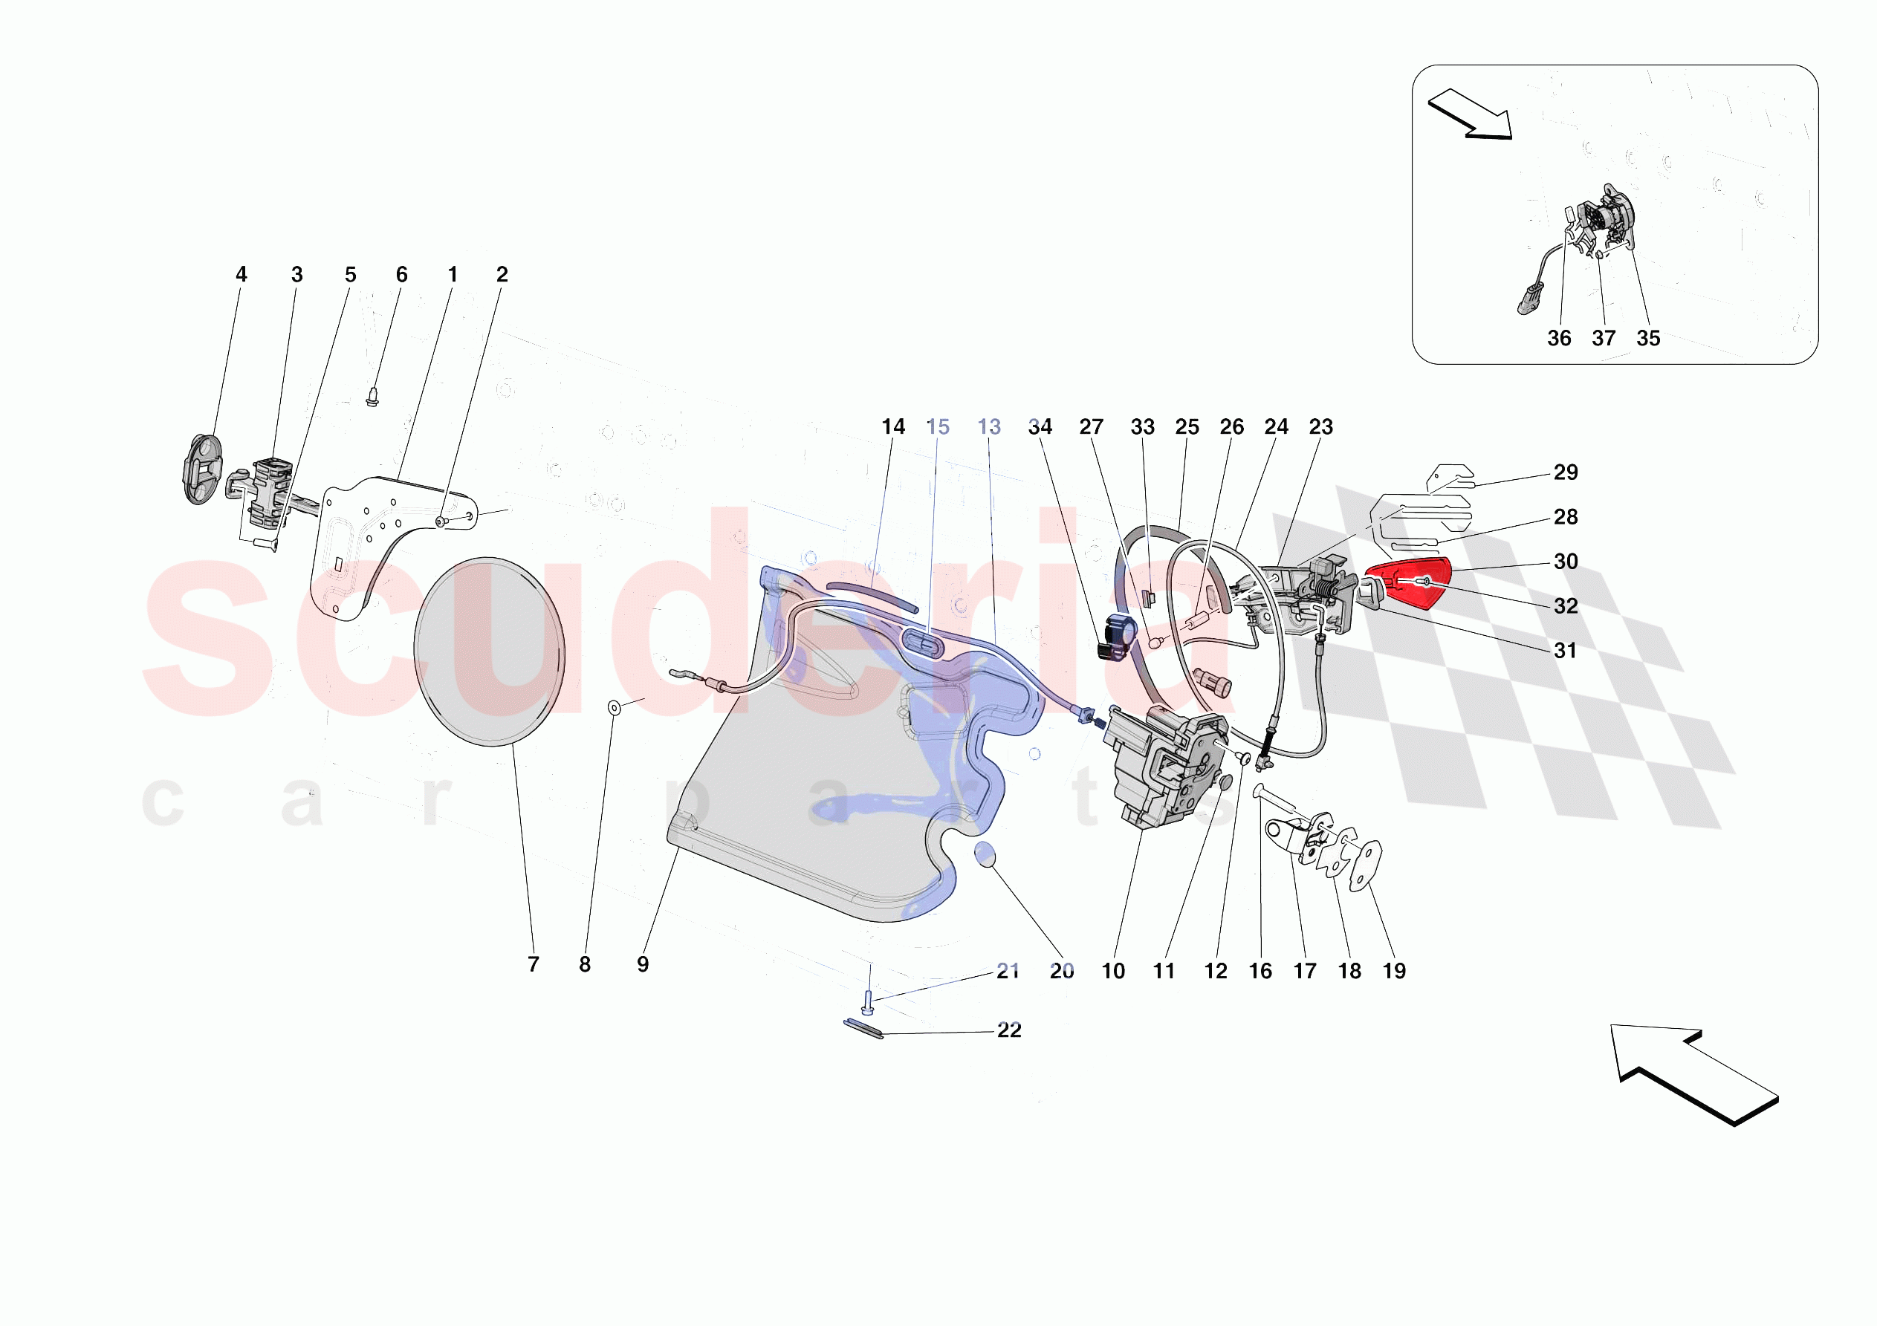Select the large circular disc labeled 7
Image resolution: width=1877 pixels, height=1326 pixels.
pyautogui.click(x=489, y=651)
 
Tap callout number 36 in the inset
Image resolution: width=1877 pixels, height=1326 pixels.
pyautogui.click(x=1558, y=338)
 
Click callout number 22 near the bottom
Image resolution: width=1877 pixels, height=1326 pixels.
pyautogui.click(x=1009, y=1030)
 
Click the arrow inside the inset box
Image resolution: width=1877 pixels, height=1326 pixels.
pyautogui.click(x=1470, y=114)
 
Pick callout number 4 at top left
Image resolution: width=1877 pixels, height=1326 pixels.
pyautogui.click(x=241, y=275)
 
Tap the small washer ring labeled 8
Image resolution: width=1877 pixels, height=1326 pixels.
pyautogui.click(x=614, y=707)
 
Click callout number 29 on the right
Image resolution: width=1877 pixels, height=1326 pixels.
pyautogui.click(x=1565, y=472)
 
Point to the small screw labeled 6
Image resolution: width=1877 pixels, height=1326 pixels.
pyautogui.click(x=373, y=397)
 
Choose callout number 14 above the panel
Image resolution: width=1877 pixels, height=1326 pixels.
pyautogui.click(x=892, y=426)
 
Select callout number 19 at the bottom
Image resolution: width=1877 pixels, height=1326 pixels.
pyautogui.click(x=1394, y=970)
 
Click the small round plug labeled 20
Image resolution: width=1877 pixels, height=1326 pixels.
pyautogui.click(x=985, y=855)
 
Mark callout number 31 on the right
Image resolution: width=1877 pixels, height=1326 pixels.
pyautogui.click(x=1565, y=651)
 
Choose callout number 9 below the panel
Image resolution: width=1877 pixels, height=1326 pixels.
pyautogui.click(x=643, y=965)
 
